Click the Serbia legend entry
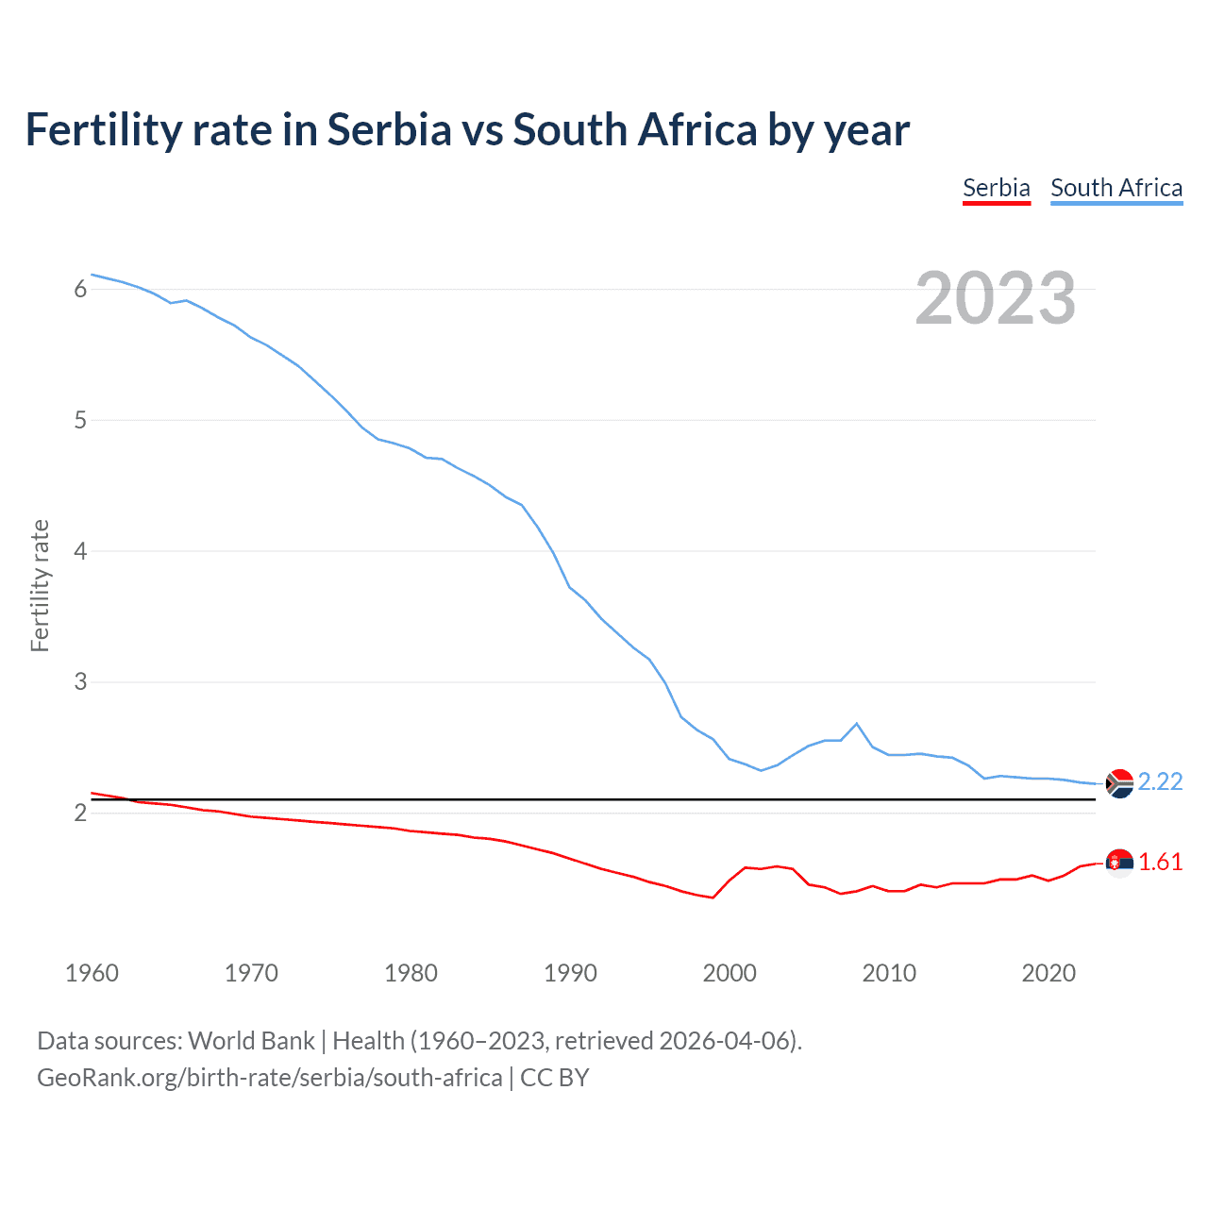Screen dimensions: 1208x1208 996,188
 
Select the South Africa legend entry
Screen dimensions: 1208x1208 1116,188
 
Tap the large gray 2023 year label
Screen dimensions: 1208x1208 996,298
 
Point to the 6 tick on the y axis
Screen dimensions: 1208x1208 80,289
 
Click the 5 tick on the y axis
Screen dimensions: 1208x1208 80,420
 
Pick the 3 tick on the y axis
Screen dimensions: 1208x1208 80,681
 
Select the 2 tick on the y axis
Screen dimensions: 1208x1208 80,813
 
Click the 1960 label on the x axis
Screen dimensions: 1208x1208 92,973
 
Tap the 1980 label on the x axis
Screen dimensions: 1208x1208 411,973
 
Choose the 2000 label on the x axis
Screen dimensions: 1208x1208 730,973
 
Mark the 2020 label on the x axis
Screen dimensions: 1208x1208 1049,973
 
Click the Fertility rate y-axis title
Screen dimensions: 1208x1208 40,585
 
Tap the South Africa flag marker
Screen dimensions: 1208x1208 1119,783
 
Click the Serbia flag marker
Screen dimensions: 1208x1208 1119,863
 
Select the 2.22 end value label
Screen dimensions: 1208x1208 1160,782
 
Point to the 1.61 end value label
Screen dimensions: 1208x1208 1160,863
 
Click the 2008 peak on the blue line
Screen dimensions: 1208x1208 857,724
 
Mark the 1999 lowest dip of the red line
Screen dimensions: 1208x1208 713,898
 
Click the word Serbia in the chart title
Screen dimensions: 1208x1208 390,130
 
